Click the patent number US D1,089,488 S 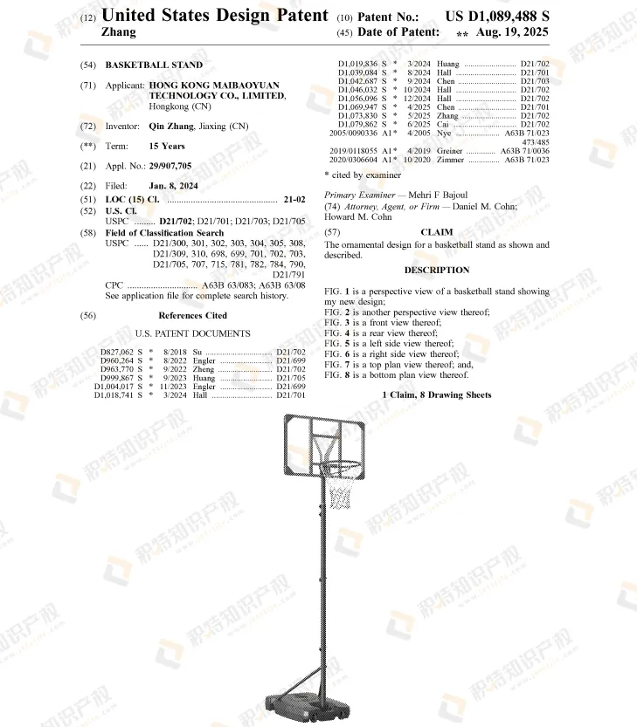point(497,17)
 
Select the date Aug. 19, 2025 point(512,32)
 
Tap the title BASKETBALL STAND point(154,65)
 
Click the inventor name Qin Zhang point(171,126)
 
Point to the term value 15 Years point(167,146)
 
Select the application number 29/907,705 point(170,166)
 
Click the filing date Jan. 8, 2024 point(173,186)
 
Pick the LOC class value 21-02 point(294,199)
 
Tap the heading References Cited point(193,315)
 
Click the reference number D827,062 point(116,352)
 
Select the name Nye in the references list point(444,133)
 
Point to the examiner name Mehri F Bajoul point(438,195)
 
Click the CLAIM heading point(436,232)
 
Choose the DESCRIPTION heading point(437,270)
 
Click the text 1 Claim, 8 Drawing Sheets point(437,395)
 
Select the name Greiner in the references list point(449,151)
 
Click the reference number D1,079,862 point(357,124)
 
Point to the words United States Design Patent point(215,16)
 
